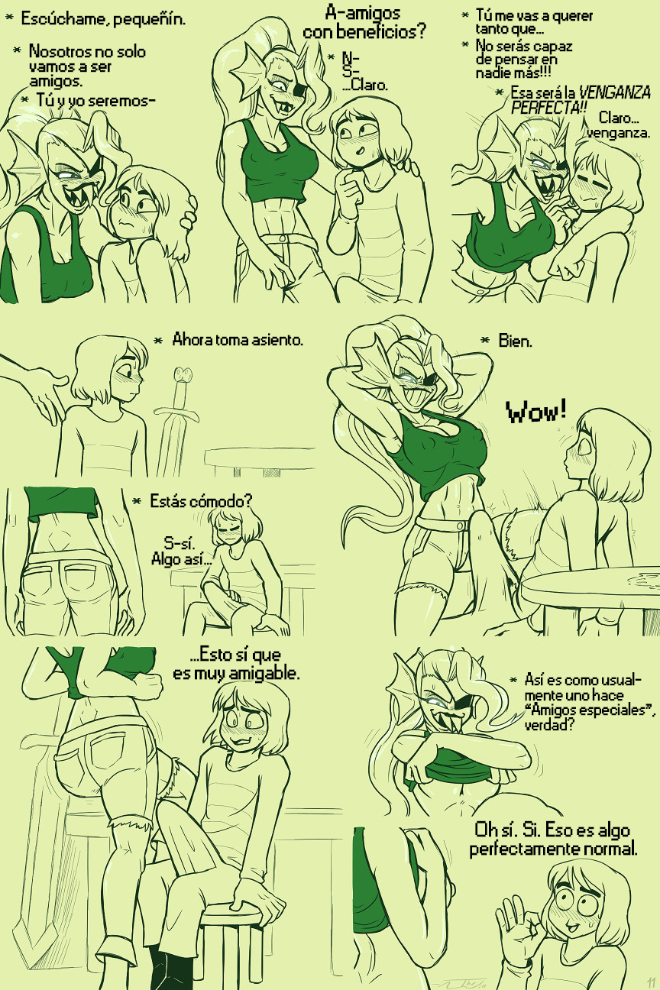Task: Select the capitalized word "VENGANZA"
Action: click(614, 93)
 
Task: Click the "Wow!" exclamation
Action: click(536, 411)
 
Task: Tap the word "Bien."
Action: click(515, 341)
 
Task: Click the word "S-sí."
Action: click(180, 542)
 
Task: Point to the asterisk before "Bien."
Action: click(485, 341)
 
